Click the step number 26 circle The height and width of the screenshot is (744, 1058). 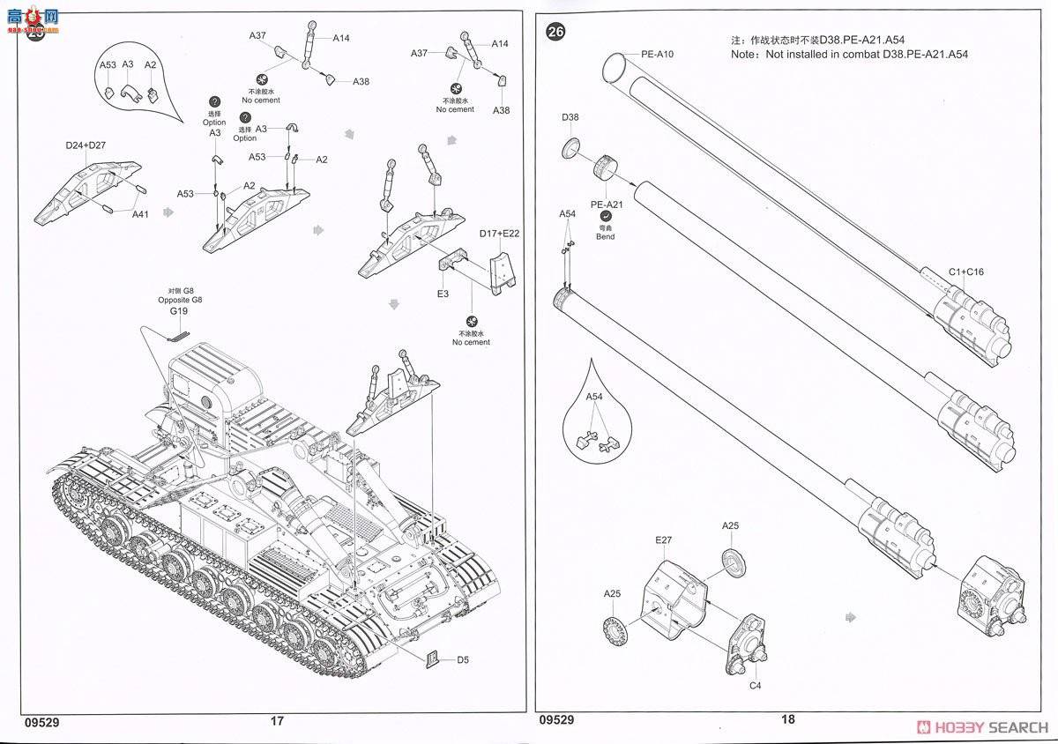555,33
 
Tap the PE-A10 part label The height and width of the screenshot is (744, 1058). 658,55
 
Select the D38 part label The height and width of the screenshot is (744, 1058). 570,117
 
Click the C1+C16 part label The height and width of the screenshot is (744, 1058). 966,272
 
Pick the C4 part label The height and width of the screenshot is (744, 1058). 755,686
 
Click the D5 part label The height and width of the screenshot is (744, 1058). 464,659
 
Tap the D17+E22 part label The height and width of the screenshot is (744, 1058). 500,234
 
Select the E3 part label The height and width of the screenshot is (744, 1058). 443,294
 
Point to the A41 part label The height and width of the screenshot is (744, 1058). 141,213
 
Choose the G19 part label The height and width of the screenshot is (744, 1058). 179,311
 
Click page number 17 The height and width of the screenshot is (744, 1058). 277,720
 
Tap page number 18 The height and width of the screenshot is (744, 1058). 787,719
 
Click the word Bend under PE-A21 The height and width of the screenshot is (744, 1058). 605,236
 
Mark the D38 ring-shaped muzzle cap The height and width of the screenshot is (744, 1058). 570,147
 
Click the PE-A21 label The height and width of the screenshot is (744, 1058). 607,205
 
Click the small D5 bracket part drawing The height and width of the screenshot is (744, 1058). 433,658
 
